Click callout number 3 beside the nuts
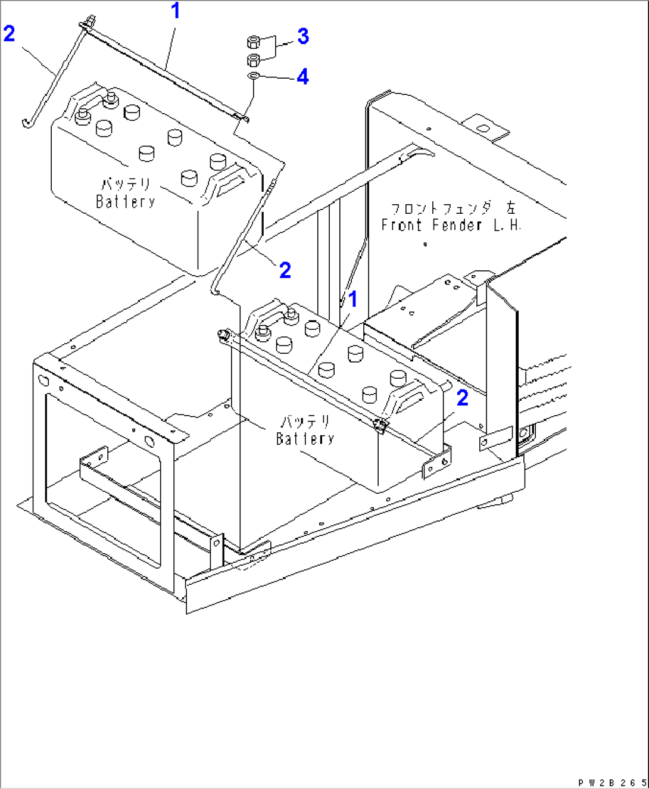(303, 36)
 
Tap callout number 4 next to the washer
(302, 76)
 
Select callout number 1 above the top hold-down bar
(175, 11)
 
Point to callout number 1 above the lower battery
(353, 299)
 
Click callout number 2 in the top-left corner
(9, 33)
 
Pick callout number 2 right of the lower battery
(462, 398)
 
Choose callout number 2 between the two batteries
(285, 270)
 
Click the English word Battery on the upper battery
(126, 202)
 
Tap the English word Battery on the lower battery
(305, 439)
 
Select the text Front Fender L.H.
(451, 225)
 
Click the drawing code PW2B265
(611, 782)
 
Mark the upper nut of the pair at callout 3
(252, 42)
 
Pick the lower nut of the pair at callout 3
(252, 59)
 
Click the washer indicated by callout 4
(253, 76)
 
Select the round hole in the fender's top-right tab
(483, 128)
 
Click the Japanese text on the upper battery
(126, 184)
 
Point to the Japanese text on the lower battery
(305, 422)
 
